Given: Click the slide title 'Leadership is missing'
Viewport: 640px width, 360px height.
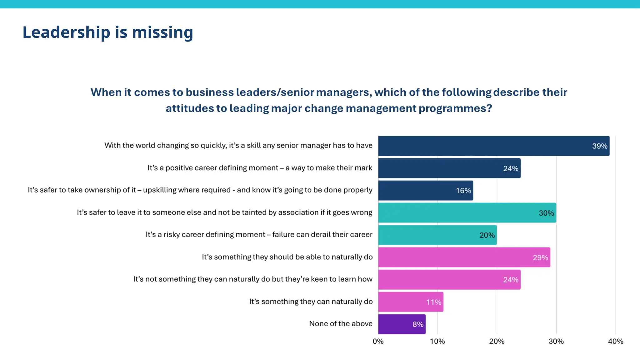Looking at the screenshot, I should pos(108,32).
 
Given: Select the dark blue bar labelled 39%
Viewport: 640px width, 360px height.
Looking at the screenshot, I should pos(494,146).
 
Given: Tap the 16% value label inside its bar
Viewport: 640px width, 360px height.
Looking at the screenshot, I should pos(463,191).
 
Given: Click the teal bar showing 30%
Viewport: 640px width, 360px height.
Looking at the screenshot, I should pos(467,213).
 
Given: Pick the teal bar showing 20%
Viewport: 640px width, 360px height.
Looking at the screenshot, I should pos(437,235).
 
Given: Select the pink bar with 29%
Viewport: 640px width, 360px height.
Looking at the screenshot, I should pos(464,257).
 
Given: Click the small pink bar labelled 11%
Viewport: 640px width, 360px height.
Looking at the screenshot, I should pos(411,302).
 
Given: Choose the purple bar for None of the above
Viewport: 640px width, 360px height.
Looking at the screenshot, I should pos(402,324).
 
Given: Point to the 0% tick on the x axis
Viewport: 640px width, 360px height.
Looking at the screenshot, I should pos(378,341).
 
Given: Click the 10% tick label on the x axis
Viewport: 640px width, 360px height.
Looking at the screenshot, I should pos(437,341).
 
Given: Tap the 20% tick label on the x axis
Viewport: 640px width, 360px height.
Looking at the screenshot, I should pos(497,341).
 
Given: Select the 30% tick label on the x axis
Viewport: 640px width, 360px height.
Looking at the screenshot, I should pos(556,341).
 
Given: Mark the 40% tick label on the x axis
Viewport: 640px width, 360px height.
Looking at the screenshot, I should pos(615,341).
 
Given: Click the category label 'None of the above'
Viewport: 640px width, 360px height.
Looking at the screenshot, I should pos(341,324).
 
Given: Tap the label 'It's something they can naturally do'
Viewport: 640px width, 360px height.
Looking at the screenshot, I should pos(311,302).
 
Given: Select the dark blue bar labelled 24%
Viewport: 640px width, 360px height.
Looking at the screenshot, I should pos(449,168).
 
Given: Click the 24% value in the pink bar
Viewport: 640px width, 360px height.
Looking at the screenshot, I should pos(511,280).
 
